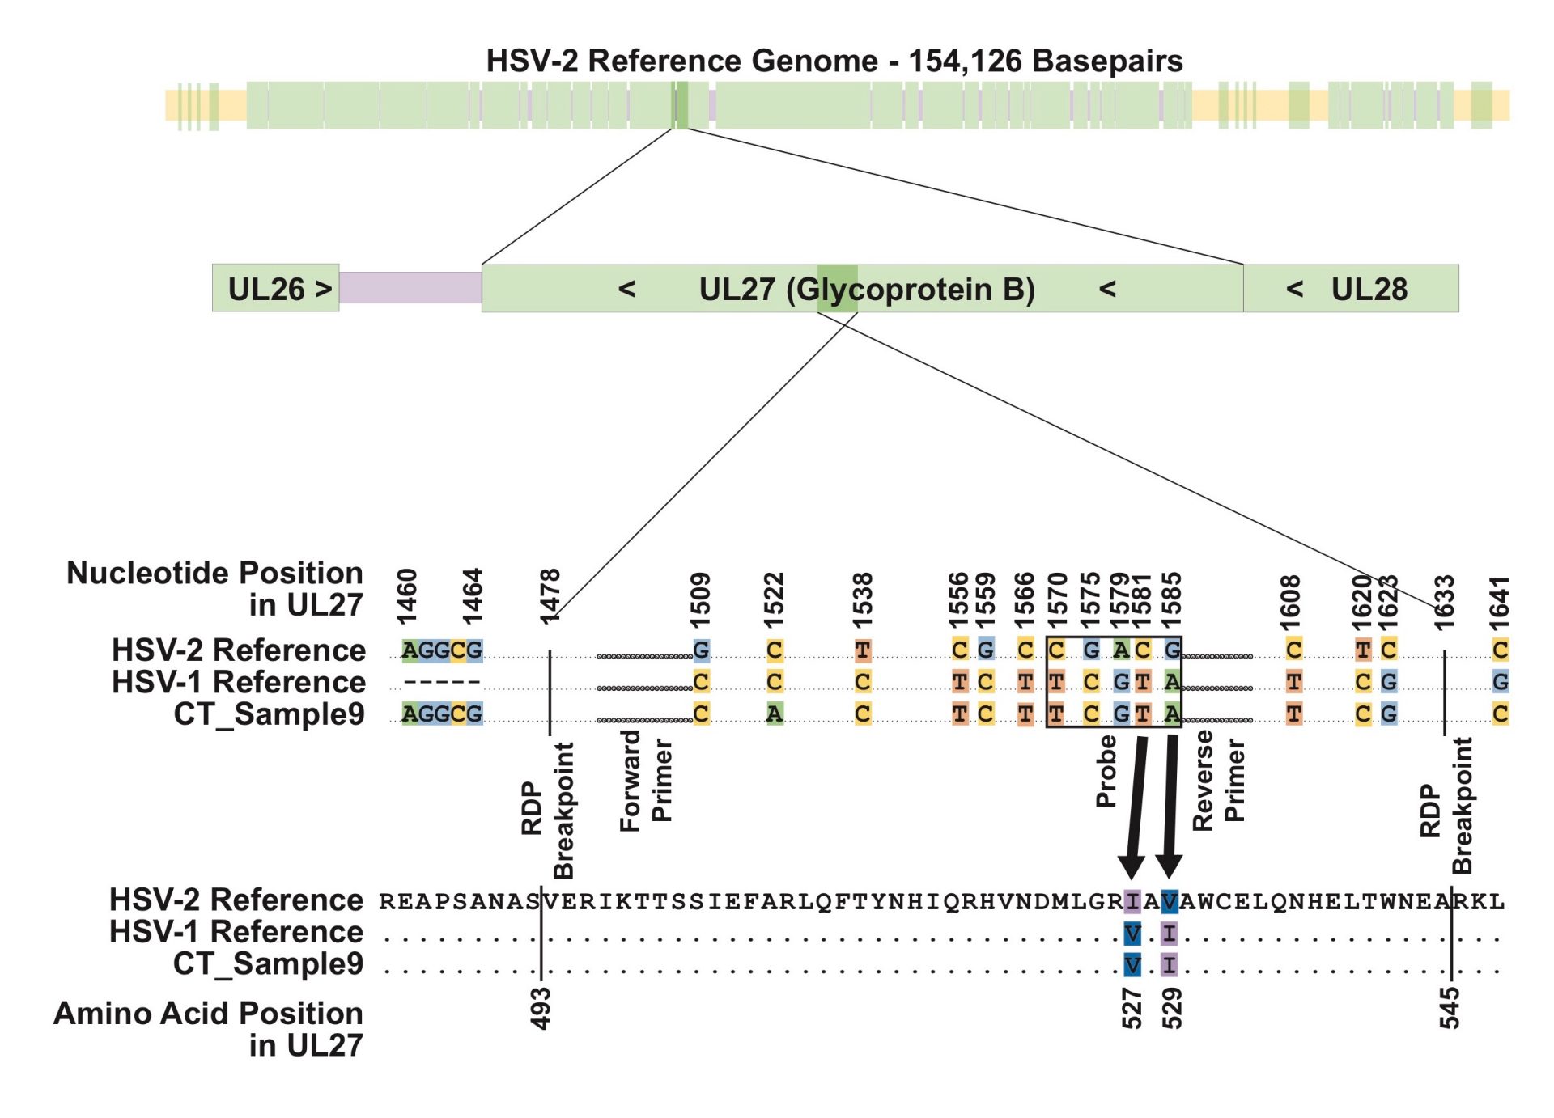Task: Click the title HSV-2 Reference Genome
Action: click(x=834, y=61)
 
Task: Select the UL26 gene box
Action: click(x=276, y=289)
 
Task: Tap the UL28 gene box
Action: click(x=1350, y=289)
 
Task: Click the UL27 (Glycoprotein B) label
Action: click(x=866, y=289)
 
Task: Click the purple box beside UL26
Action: click(x=410, y=288)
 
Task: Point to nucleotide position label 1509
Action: click(x=700, y=599)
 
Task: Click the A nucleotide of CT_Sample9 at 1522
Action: click(x=775, y=714)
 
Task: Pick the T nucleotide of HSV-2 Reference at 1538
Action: click(x=863, y=650)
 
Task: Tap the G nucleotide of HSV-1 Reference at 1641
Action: click(x=1500, y=682)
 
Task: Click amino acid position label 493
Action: click(x=541, y=1008)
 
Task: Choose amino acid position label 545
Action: click(x=1450, y=1008)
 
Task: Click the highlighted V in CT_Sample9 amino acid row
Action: click(x=1132, y=965)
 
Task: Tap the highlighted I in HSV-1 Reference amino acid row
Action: click(x=1169, y=934)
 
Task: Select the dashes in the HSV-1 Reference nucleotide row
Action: click(x=442, y=683)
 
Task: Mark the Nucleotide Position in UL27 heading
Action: click(x=215, y=588)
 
